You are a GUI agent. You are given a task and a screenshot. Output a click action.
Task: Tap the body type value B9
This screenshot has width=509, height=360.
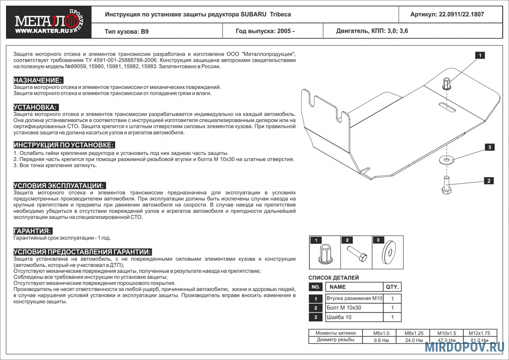(144, 31)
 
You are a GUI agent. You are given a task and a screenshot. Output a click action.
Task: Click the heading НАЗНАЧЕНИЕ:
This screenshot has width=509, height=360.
(38, 80)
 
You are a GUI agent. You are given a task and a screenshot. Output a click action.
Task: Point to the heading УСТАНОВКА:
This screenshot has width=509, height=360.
(36, 107)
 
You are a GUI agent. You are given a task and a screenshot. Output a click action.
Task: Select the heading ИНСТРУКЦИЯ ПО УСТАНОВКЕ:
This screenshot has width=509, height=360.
(64, 145)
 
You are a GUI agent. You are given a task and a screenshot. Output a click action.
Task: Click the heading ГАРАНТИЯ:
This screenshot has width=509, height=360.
(33, 231)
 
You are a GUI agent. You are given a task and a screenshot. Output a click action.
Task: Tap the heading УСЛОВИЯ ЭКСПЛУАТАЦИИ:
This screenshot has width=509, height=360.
(59, 186)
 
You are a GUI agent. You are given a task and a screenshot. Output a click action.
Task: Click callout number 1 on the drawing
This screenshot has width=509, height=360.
(480, 56)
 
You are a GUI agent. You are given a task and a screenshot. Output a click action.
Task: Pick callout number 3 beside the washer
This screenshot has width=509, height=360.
(489, 147)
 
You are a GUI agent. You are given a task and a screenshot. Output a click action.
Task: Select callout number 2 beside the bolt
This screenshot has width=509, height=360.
(489, 181)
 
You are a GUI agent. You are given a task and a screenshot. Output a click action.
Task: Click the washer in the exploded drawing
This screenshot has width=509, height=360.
(446, 160)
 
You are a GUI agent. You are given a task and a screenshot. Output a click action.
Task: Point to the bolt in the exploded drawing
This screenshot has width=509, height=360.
(446, 185)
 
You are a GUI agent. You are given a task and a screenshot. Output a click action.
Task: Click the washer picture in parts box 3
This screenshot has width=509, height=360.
(388, 253)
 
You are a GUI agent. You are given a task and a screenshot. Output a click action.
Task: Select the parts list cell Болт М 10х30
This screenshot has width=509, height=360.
(344, 308)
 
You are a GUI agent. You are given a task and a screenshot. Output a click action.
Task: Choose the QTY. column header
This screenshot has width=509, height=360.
(392, 287)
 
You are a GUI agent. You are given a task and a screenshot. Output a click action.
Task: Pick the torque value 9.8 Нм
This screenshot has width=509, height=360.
(379, 340)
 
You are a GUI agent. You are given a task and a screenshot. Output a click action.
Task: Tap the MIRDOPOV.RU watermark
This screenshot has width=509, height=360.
(464, 346)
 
